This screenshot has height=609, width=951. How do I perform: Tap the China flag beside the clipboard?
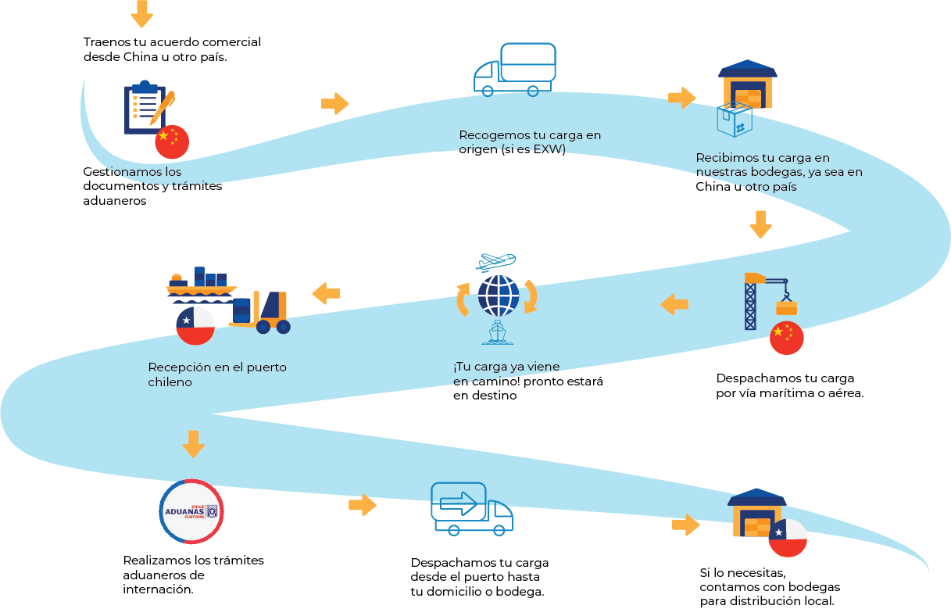[x=172, y=142]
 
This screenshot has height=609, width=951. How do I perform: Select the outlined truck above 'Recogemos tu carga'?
[x=515, y=70]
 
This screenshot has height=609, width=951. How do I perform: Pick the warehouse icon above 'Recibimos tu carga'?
[x=747, y=84]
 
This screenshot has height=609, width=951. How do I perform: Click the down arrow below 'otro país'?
[x=760, y=224]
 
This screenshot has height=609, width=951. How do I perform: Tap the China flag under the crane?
[x=786, y=338]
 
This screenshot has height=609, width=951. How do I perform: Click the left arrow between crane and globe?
[x=674, y=304]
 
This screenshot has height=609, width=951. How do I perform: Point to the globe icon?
[x=498, y=296]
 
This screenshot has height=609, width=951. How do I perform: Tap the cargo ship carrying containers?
[x=202, y=284]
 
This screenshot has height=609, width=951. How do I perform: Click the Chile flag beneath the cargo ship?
[x=195, y=325]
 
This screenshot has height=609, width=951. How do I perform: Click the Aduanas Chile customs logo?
[x=191, y=512]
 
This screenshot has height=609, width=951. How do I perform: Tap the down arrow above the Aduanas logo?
[x=193, y=443]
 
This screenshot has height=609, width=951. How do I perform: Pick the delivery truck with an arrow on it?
[x=471, y=509]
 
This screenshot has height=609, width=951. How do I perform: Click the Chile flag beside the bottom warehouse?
[x=788, y=537]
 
